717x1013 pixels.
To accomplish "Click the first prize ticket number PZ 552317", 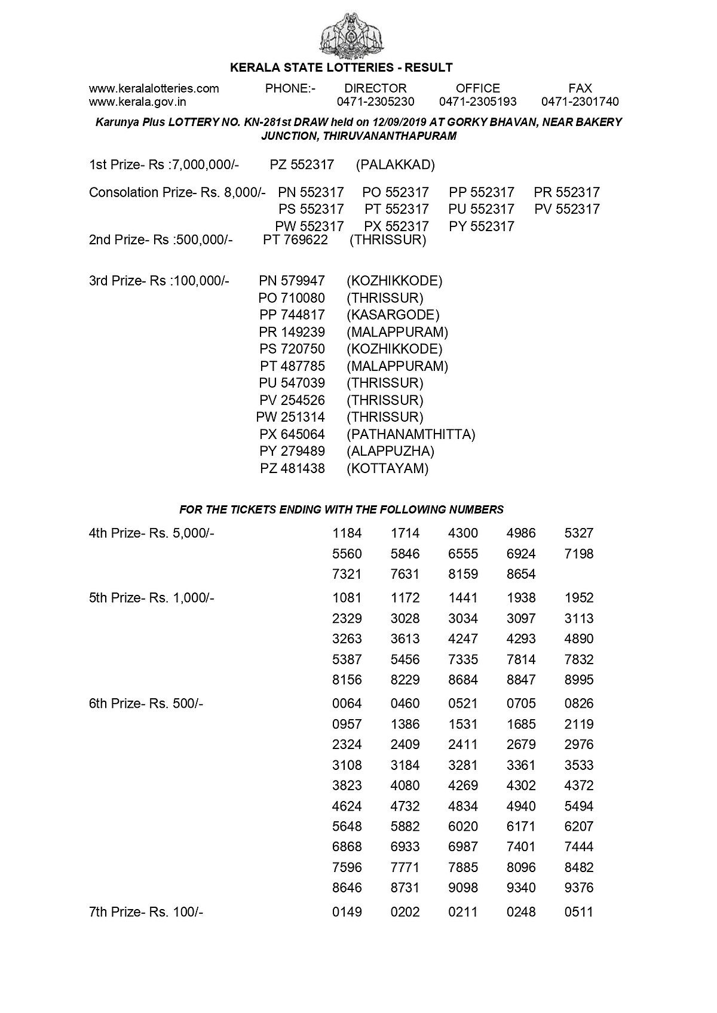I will tap(302, 165).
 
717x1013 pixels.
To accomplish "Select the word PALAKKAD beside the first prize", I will tap(395, 165).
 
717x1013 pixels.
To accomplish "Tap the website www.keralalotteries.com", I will tap(154, 88).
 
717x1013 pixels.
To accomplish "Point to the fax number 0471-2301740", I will tap(580, 102).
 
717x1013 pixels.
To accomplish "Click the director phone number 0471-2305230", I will tap(375, 102).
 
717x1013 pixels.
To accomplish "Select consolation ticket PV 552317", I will tap(567, 209).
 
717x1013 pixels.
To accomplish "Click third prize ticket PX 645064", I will tap(292, 434).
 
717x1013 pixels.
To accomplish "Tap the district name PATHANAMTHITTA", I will tap(410, 434).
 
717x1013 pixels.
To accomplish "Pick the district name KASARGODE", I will tap(393, 315).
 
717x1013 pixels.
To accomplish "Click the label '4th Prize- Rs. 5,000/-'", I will tap(151, 533).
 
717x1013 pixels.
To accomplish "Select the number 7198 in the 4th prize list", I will tap(578, 554).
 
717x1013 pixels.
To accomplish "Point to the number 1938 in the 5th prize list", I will tap(520, 598).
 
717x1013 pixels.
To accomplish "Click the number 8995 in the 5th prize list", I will tap(578, 680).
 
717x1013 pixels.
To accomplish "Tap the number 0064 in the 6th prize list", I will tap(347, 704).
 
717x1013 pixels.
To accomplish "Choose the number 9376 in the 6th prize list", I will tap(578, 888).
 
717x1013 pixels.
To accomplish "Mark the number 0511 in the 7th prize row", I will tap(578, 912).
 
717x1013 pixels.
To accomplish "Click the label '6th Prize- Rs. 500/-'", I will tap(146, 704).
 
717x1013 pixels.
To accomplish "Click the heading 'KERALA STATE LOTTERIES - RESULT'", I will tap(341, 67).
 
